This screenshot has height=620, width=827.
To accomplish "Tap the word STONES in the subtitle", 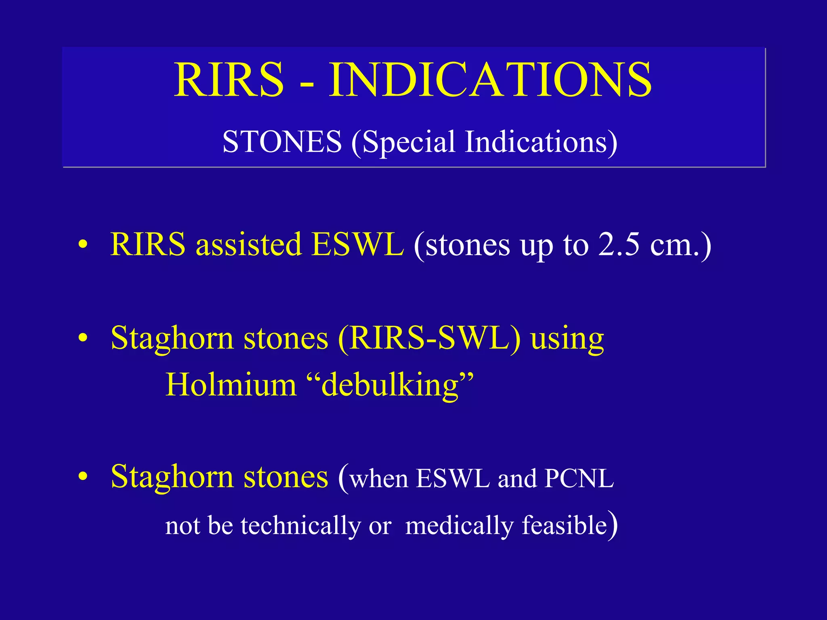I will [282, 142].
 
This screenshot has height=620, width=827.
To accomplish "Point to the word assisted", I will [248, 245].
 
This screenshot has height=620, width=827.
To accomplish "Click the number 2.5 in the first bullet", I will [619, 245].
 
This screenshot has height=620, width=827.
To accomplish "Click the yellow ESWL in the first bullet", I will [357, 245].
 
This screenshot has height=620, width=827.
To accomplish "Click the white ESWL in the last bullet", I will [453, 479].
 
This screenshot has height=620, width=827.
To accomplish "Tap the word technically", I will [300, 526].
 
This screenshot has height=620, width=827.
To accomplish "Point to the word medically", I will [459, 526].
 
